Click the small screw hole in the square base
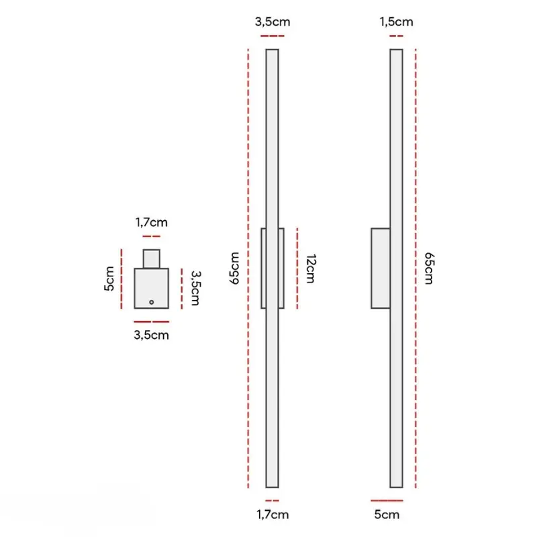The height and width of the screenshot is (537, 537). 152,302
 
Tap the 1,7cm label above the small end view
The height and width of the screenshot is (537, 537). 152,222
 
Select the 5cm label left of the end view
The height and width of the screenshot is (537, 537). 109,279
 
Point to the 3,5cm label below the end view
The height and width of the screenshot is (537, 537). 152,335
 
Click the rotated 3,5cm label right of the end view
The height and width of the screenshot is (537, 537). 195,288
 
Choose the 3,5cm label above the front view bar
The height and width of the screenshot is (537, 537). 273,22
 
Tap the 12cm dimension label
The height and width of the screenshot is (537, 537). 310,269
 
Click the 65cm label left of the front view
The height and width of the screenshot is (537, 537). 234,268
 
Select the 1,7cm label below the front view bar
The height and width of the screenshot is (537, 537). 273,514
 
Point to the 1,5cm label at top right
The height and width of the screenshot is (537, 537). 396,22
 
